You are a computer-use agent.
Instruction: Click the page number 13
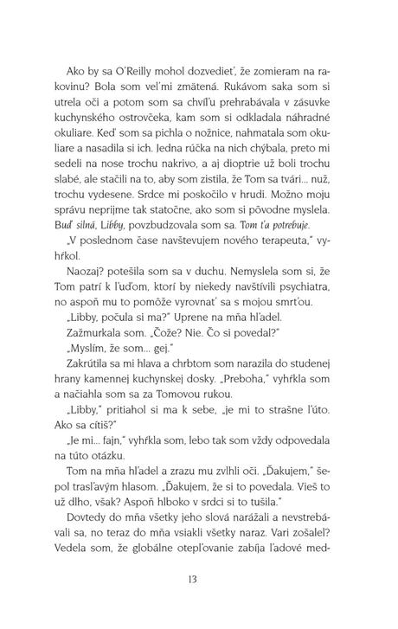coord(198,603)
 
